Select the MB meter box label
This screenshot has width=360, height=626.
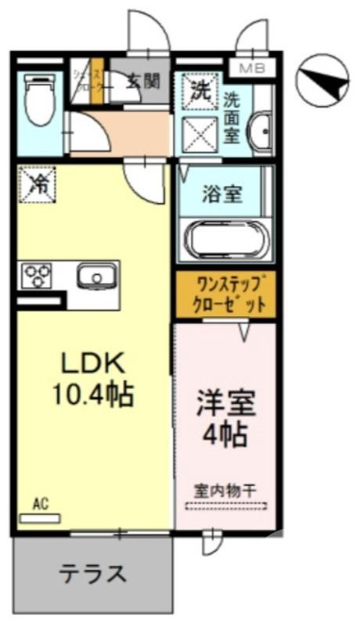tap(251, 68)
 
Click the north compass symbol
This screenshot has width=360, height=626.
tap(323, 80)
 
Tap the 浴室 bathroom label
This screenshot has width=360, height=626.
tap(222, 193)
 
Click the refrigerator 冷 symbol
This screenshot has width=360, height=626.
tap(38, 185)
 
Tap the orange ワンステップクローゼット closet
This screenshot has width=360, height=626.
tap(225, 294)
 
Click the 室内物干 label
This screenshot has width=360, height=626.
tap(225, 491)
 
